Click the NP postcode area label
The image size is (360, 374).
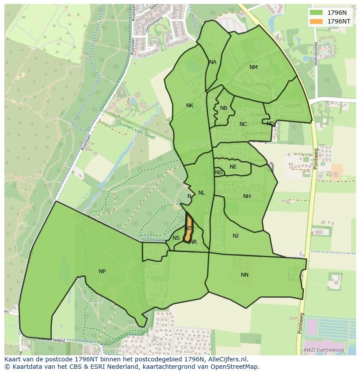tap(102, 271)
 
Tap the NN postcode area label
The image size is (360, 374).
tap(245, 275)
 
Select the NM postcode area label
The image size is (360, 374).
tap(253, 67)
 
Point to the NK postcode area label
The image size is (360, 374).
tap(190, 106)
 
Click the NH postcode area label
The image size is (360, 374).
tap(247, 196)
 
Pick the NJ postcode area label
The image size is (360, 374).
tap(236, 236)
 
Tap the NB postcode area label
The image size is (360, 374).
tap(223, 108)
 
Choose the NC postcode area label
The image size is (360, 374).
tap(243, 124)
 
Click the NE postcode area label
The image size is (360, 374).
tap(233, 167)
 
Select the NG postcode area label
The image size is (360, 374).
tap(219, 172)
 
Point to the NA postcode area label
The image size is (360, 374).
tap(213, 62)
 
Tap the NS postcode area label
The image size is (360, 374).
tap(176, 238)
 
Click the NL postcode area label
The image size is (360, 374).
tap(201, 193)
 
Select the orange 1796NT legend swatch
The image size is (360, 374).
tap(317, 21)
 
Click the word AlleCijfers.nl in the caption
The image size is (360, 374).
tap(227, 359)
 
